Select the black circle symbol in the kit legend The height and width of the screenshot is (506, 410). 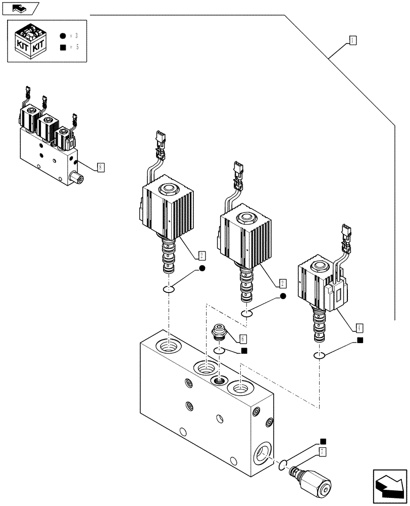click(x=62, y=36)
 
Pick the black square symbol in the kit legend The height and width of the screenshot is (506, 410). click(x=62, y=48)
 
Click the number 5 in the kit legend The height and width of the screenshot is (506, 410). click(x=77, y=48)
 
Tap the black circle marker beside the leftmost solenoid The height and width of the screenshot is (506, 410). click(x=202, y=268)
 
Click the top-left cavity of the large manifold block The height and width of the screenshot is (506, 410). click(x=167, y=347)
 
